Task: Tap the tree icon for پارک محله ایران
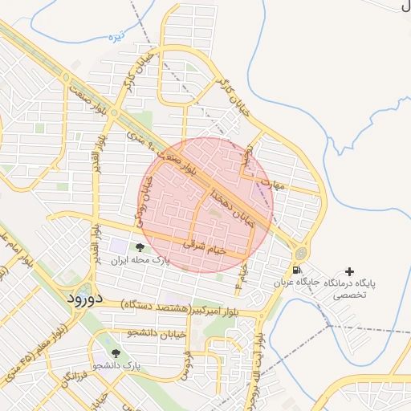tap(141, 248)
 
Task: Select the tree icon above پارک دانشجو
tap(116, 352)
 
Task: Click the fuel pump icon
tap(298, 271)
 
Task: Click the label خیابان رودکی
tap(143, 201)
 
